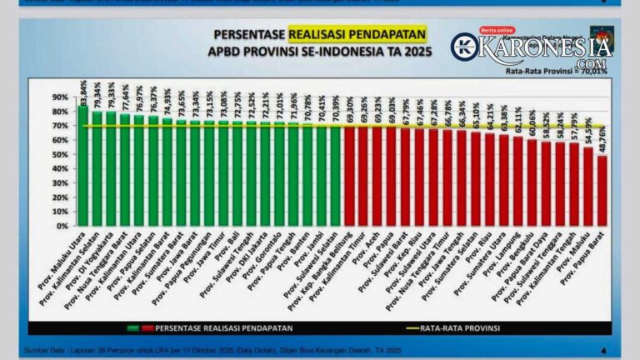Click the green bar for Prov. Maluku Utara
(x=83, y=167)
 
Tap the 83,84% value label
(x=83, y=87)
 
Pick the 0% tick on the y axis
(x=62, y=226)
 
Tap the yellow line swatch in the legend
(x=410, y=328)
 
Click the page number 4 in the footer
(x=602, y=351)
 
